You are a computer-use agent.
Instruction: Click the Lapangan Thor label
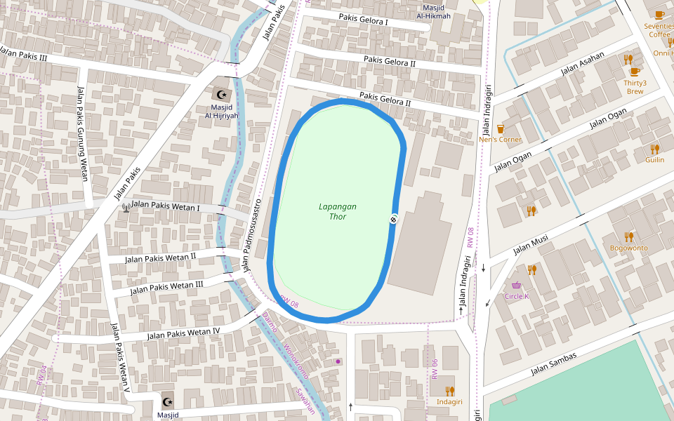click(338, 211)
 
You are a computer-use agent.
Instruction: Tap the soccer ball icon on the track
click(395, 219)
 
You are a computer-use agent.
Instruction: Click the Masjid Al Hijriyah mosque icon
click(222, 94)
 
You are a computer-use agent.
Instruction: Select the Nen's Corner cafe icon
click(500, 128)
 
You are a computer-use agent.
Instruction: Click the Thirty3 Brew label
click(635, 87)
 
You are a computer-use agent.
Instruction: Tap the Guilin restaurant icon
click(654, 149)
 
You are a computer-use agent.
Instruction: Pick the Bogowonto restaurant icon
click(628, 237)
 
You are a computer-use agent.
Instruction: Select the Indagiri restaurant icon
click(449, 391)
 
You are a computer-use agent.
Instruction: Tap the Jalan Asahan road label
click(582, 64)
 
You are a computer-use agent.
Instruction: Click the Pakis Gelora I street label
click(363, 20)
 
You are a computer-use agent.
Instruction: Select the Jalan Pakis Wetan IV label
click(183, 333)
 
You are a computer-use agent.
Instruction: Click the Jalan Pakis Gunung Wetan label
click(82, 133)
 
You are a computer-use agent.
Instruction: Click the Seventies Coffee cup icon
click(659, 15)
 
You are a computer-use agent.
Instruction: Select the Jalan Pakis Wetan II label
click(160, 258)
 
